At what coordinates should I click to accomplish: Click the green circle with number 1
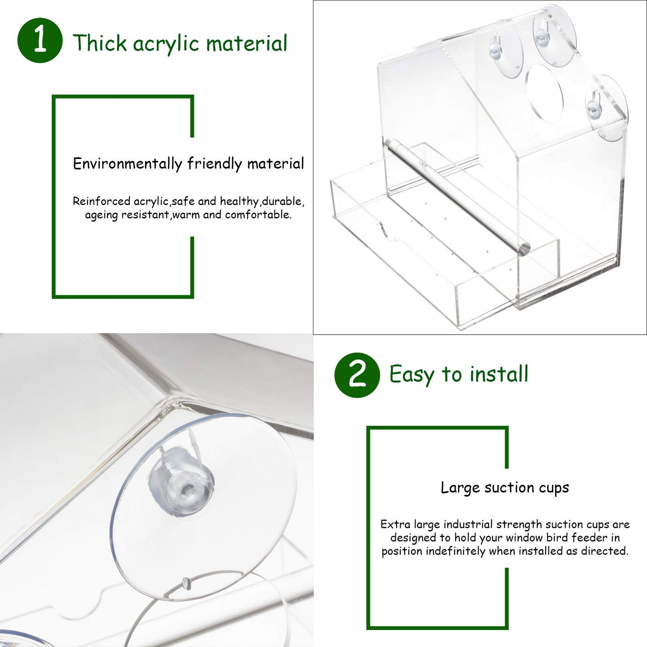40,40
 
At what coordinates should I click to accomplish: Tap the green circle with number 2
357,375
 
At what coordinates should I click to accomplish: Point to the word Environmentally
128,164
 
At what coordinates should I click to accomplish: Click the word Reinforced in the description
101,201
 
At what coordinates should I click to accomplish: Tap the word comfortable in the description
258,215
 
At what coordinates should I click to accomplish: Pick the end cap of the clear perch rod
524,249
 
